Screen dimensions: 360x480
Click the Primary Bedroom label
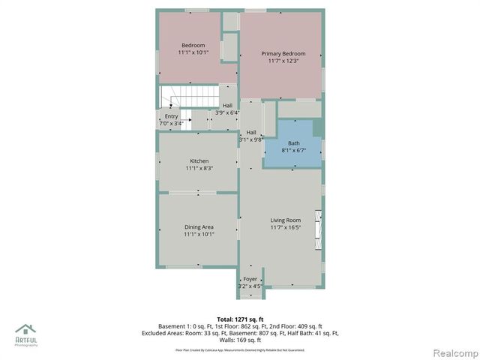[x=283, y=54]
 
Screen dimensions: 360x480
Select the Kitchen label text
[x=199, y=161]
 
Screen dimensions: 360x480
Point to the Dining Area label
[x=199, y=226]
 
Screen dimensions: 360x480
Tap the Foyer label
[x=250, y=278]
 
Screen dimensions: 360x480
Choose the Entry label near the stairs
[x=171, y=116]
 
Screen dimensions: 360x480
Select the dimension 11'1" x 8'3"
[x=199, y=169]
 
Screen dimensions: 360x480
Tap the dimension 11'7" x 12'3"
[x=283, y=61]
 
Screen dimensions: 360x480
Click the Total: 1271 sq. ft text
[x=240, y=318]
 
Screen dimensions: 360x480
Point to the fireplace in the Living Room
[x=318, y=232]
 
